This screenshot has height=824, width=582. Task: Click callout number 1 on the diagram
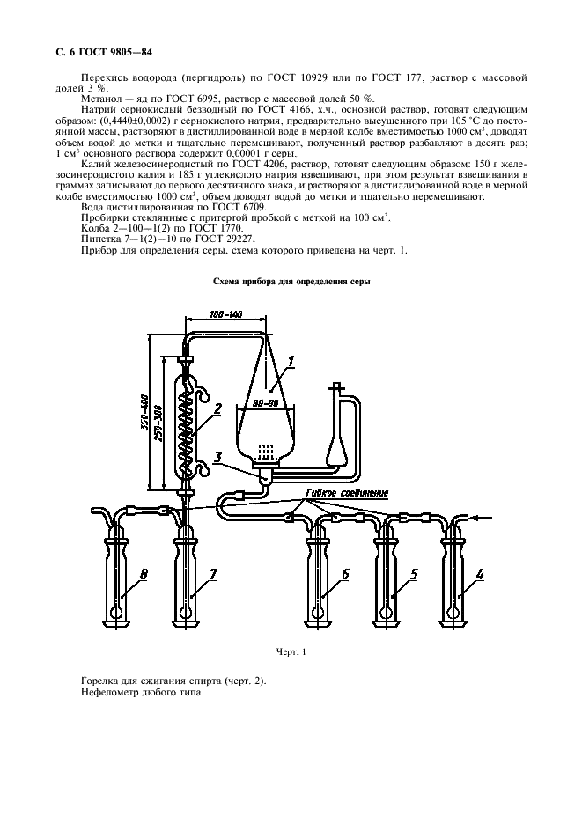291,361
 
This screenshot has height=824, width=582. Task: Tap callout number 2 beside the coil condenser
217,409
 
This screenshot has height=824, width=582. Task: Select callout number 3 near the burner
217,455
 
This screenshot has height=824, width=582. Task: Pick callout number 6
345,574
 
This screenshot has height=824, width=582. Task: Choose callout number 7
212,574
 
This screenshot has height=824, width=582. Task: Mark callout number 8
144,574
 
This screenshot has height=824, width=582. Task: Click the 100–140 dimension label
225,315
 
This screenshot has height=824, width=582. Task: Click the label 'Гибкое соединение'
346,493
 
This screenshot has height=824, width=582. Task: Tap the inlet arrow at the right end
481,519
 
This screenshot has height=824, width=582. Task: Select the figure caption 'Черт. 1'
291,652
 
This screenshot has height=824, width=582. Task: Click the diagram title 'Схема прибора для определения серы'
291,282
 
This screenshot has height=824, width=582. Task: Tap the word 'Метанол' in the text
99,99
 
